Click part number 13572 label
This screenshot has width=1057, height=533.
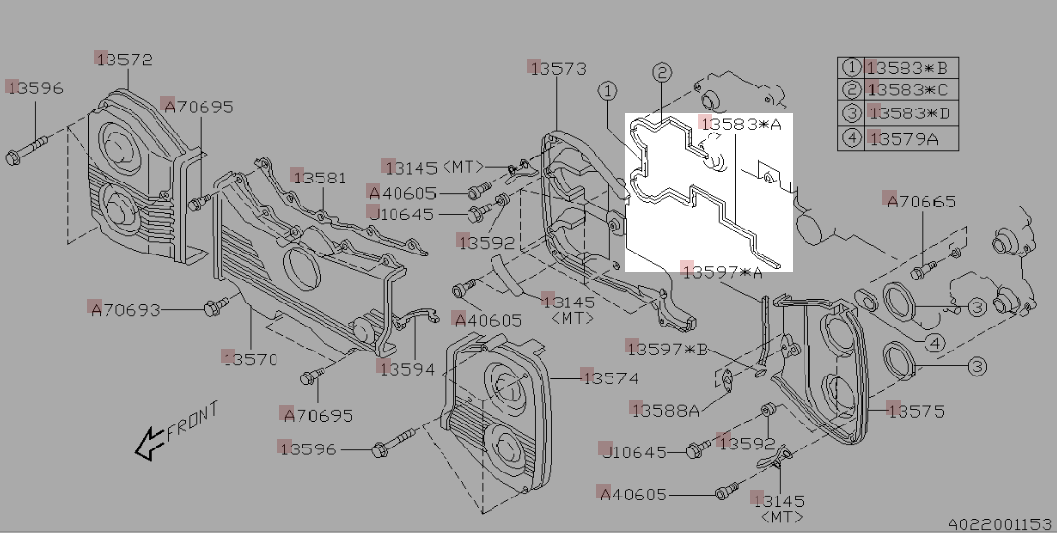[x=125, y=60]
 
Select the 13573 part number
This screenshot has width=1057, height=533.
[x=558, y=68]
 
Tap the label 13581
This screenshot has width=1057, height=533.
[x=320, y=179]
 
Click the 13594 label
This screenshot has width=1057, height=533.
[x=406, y=369]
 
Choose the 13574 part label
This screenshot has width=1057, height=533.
[x=610, y=378]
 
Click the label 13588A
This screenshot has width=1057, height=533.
[x=664, y=410]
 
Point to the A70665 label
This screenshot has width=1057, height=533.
[x=922, y=202]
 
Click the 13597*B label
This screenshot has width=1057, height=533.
[x=666, y=349]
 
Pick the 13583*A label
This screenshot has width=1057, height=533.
[x=740, y=125]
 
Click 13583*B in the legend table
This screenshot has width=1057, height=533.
[x=907, y=68]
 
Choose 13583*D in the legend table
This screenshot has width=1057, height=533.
[x=907, y=114]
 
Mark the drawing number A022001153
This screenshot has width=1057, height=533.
[x=999, y=524]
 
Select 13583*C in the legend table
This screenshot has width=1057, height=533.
[x=907, y=90]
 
